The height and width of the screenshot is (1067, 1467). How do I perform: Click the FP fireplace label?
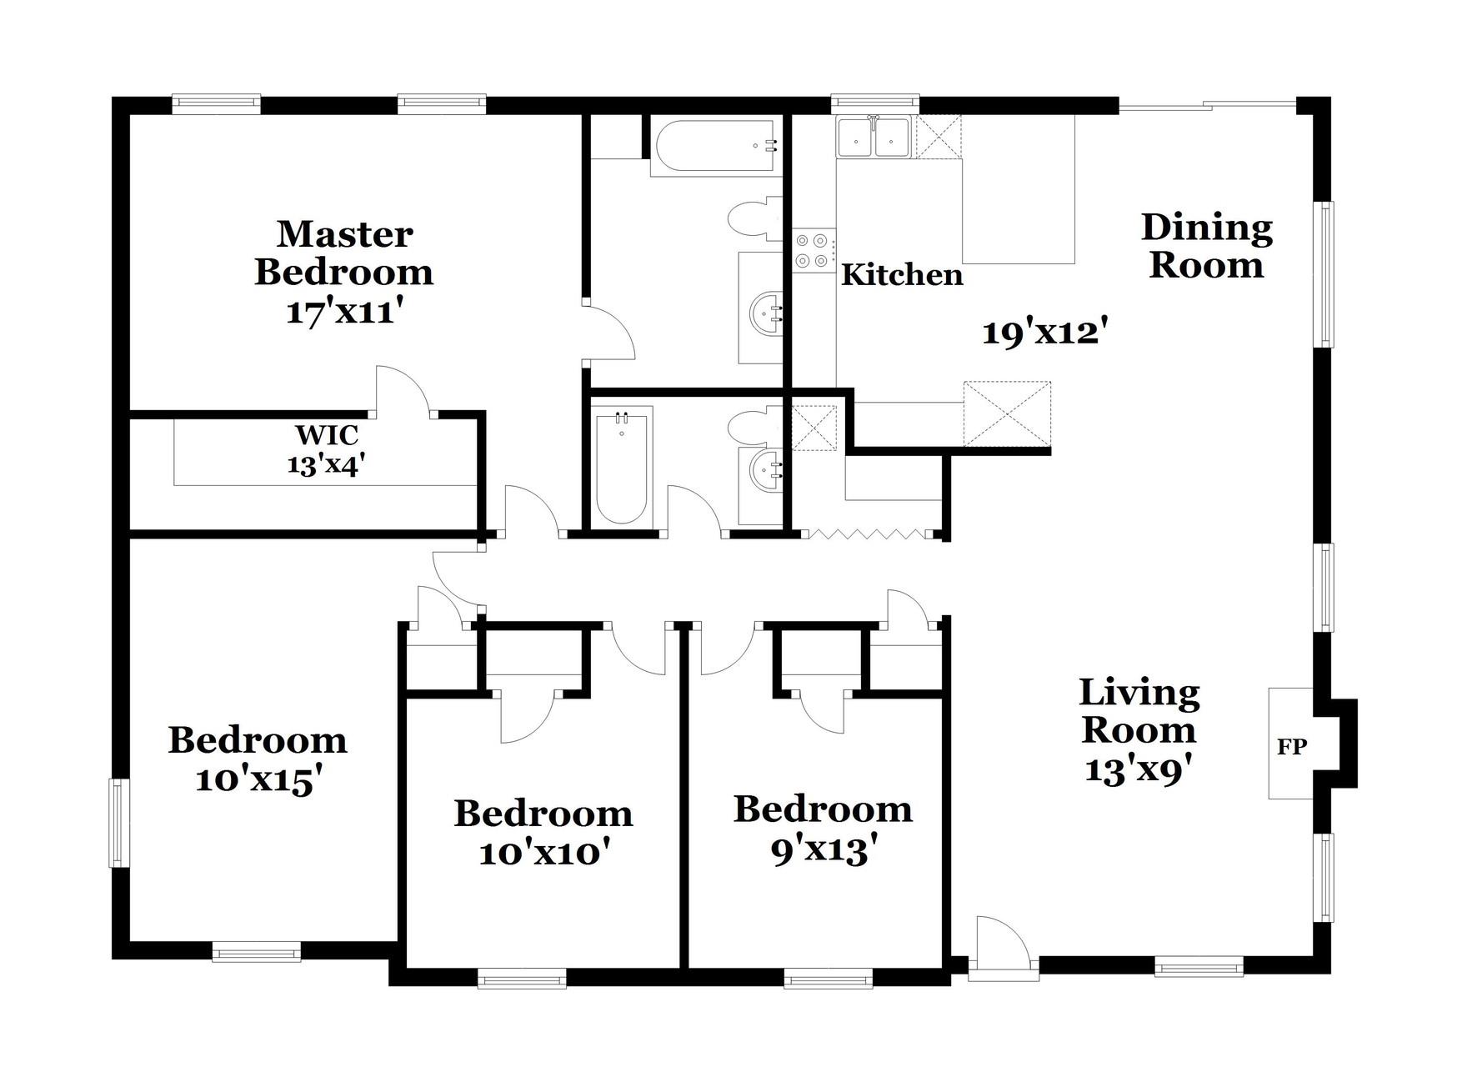1291,747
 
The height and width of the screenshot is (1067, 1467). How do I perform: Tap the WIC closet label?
327,435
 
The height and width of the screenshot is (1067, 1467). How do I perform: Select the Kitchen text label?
902,275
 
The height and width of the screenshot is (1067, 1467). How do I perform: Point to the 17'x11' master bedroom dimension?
344,313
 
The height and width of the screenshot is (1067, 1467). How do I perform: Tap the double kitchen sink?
873,138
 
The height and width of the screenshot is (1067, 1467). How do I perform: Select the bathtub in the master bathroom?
716,148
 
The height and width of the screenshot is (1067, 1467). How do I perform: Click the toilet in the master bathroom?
755,219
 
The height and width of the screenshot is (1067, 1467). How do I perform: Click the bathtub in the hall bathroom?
623,465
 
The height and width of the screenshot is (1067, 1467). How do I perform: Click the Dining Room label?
1206,247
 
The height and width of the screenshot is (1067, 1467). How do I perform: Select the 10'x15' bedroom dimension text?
258,781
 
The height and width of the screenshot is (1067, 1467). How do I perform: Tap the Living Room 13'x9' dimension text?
1139,769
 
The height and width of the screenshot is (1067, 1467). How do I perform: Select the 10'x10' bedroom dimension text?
543,854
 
